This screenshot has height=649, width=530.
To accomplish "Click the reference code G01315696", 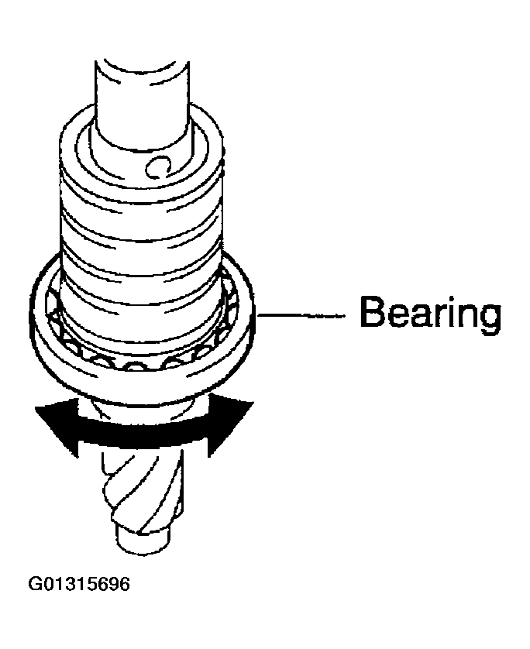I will coord(79,582).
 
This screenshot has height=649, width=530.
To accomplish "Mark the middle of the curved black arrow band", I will coord(139,435).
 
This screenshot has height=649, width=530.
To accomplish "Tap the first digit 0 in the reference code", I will coord(47,582).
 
